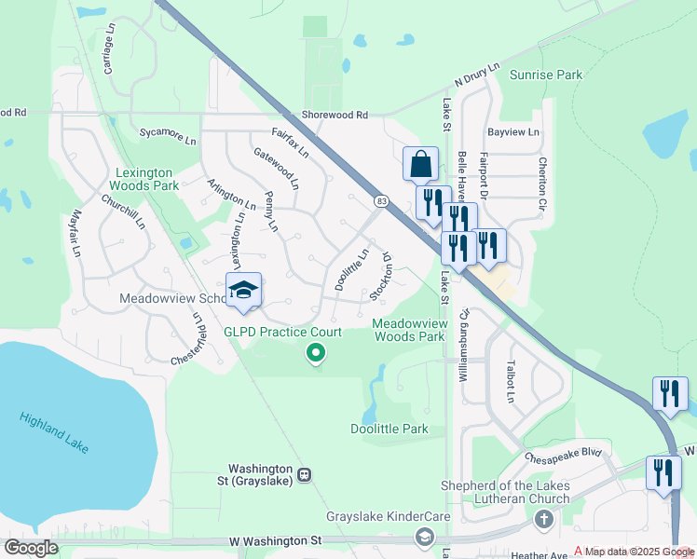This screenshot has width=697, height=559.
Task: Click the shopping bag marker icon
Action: pos(420,164)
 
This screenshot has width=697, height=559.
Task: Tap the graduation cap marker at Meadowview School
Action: pos(243,290)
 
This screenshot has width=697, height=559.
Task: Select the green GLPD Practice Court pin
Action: pos(316,352)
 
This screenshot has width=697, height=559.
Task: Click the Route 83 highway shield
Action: pos(381,201)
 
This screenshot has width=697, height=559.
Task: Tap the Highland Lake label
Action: pos(54,433)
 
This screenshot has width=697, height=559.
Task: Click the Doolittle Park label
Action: pos(389,429)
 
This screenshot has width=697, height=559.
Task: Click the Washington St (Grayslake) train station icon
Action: pos(304,475)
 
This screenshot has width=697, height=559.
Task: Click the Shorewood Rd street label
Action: pos(335,115)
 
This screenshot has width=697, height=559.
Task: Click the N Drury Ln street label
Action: pos(477,75)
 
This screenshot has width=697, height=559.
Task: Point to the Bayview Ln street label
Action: pos(513,133)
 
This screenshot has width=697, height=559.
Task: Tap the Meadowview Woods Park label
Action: pos(408,330)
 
